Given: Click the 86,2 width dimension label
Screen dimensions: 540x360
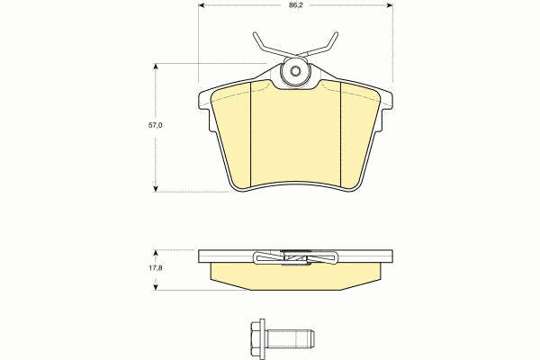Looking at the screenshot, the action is [296, 5].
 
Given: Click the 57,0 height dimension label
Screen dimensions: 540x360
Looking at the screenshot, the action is [156, 125].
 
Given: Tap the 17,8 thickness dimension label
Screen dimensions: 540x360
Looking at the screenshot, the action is [156, 267].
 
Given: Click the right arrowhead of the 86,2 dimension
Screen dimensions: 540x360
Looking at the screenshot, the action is [390, 5].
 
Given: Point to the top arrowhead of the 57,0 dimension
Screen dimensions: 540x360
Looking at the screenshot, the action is [156, 67].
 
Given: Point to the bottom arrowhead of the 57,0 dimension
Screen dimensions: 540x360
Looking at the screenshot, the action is [156, 188].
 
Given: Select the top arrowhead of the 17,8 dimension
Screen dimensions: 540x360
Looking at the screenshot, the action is [156, 254].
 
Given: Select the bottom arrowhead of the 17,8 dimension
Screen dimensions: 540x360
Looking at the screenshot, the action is [156, 286].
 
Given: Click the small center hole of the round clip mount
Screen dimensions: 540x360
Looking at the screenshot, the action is [295, 72].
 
